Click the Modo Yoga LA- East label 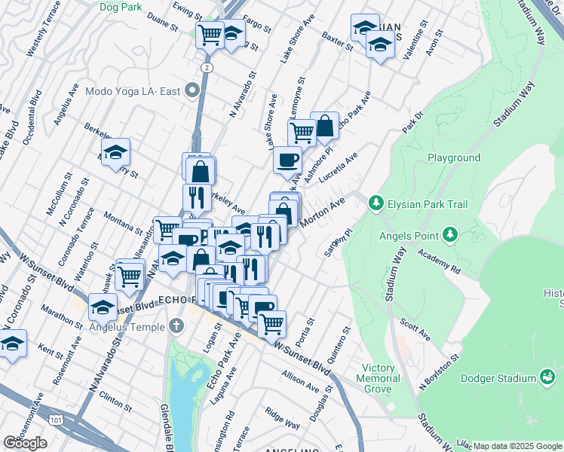pyautogui.click(x=133, y=92)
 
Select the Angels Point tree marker pyautogui.click(x=450, y=234)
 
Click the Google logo pyautogui.click(x=25, y=443)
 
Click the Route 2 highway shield pyautogui.click(x=205, y=68)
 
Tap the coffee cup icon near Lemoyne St pyautogui.click(x=287, y=160)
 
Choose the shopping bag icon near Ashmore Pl pyautogui.click(x=325, y=126)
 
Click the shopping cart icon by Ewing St pyautogui.click(x=210, y=34)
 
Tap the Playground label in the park pyautogui.click(x=454, y=158)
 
